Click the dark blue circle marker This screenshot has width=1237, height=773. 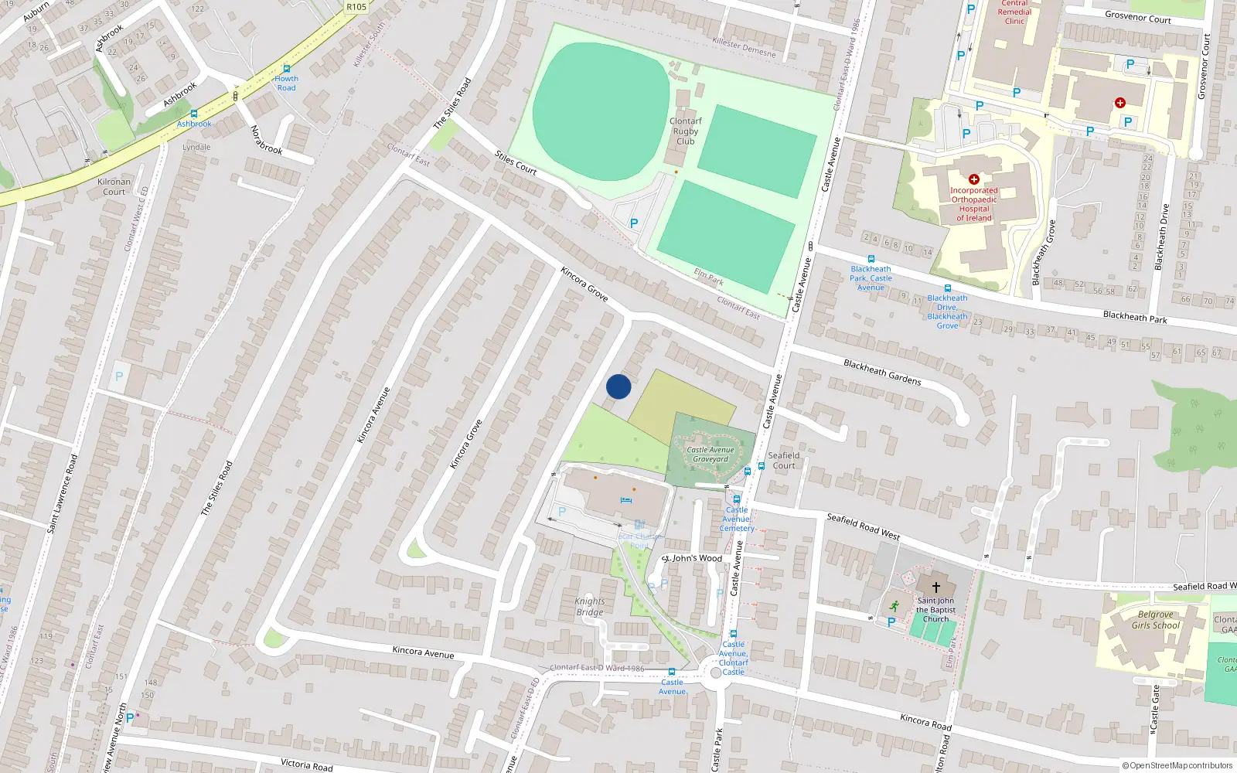[618, 386]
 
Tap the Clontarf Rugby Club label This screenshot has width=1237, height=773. [686, 131]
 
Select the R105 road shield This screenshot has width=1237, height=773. [356, 7]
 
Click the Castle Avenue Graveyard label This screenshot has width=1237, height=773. [711, 455]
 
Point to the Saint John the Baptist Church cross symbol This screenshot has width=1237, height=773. [935, 587]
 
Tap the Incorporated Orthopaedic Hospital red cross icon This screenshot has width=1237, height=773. [974, 179]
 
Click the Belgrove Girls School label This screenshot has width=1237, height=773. [1155, 620]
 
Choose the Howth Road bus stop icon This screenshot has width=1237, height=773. [286, 69]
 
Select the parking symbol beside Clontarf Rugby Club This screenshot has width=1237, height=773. [634, 223]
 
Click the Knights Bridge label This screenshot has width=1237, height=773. [590, 607]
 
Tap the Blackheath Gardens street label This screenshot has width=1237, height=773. [882, 372]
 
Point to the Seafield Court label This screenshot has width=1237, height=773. [784, 461]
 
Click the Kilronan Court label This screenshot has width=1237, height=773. [114, 187]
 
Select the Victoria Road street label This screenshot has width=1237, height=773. [306, 764]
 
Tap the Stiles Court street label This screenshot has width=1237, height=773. [516, 162]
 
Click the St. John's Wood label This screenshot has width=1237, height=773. [692, 558]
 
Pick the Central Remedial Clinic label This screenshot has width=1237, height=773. [1014, 12]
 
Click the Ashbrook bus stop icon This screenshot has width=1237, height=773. [194, 114]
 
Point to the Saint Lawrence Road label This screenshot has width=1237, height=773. [63, 493]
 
